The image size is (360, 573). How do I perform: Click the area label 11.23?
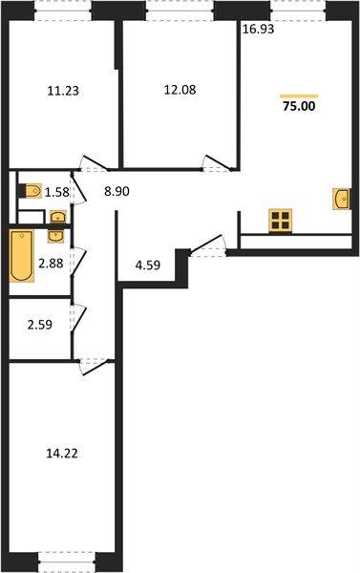coord(63,91)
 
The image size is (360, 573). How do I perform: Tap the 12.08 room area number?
coord(180,90)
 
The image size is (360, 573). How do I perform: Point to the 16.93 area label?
coord(259,30)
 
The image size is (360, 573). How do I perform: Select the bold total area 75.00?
coord(299,106)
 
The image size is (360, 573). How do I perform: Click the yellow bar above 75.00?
coord(299,96)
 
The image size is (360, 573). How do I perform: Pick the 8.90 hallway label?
coord(116,191)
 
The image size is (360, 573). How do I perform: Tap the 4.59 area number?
coord(148,265)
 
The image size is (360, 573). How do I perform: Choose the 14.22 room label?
coord(62,454)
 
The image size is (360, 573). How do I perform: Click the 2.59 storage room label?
coord(40,325)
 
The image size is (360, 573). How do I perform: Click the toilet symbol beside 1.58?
coord(31,191)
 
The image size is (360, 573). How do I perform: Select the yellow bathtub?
coord(22,256)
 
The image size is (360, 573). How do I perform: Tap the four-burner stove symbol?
coord(281,221)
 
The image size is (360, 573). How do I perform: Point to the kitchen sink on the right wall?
coord(342,199)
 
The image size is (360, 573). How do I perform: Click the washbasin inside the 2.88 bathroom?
coord(55,237)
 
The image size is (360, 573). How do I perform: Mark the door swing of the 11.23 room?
coord(95,163)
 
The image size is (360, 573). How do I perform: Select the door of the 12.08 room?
coord(218,163)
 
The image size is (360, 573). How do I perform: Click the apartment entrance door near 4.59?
coord(208,244)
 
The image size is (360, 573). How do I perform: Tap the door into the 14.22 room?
coord(95,367)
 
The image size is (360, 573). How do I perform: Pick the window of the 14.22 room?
coord(67,562)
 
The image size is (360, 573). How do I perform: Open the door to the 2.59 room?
coord(78,319)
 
